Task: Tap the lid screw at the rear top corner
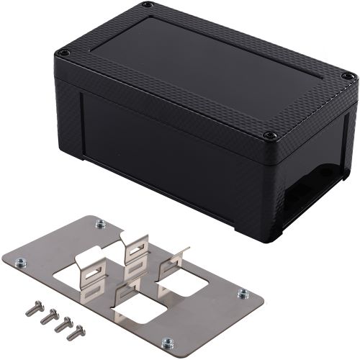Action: [x=147, y=6]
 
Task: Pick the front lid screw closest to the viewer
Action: [x=270, y=135]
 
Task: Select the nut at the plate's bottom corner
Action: [x=167, y=343]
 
